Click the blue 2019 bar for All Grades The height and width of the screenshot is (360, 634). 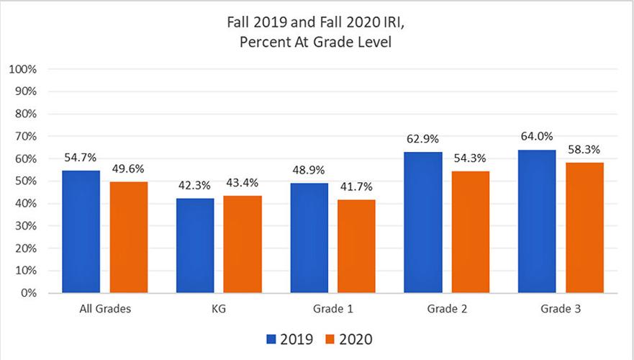point(81,232)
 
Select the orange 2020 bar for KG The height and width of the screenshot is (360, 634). point(243,245)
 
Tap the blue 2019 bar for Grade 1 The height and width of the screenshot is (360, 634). point(309,238)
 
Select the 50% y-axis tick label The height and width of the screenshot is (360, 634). point(27,181)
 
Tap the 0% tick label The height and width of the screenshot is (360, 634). point(30,294)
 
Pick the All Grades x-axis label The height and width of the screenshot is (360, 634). point(105,310)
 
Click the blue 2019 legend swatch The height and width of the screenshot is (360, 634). point(271,338)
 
